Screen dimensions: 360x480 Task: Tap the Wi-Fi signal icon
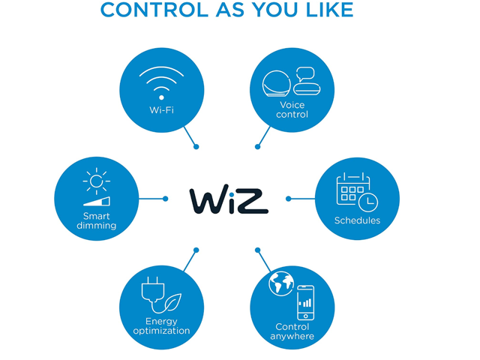click(x=161, y=83)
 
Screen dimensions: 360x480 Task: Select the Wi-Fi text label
click(x=161, y=110)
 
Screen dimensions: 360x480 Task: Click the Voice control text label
click(x=292, y=109)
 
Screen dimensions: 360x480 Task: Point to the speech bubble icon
click(x=305, y=75)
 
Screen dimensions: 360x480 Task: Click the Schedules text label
click(x=357, y=220)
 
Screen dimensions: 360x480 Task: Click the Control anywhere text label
click(x=292, y=331)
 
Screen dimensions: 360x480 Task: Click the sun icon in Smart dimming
click(x=96, y=181)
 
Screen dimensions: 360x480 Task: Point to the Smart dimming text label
click(x=97, y=221)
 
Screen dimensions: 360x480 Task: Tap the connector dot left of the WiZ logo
click(x=165, y=199)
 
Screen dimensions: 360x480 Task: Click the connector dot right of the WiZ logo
click(x=289, y=199)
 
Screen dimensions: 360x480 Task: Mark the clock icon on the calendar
click(x=367, y=200)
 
